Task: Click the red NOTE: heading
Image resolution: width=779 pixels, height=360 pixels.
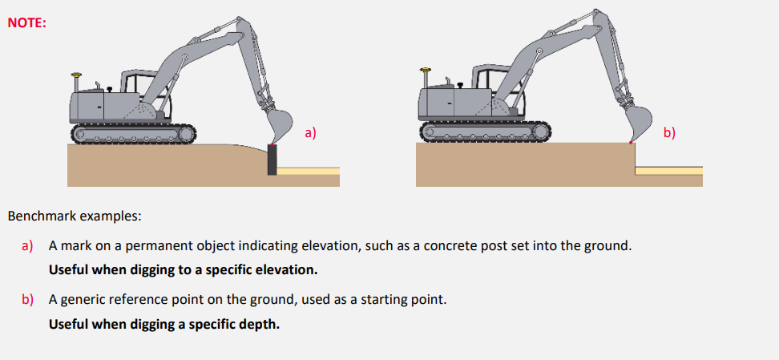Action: click(x=26, y=23)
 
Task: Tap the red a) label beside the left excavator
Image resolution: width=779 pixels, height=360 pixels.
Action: click(x=310, y=133)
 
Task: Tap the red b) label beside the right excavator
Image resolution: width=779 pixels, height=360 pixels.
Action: click(x=670, y=133)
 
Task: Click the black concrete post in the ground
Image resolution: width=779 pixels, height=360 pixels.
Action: click(x=272, y=159)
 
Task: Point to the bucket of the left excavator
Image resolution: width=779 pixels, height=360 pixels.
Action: click(x=279, y=123)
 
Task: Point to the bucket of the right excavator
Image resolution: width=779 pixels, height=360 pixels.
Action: click(x=639, y=123)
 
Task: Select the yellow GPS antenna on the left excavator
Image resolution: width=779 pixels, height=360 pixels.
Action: click(x=76, y=76)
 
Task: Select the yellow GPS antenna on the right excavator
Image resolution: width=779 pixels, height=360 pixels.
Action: click(x=426, y=71)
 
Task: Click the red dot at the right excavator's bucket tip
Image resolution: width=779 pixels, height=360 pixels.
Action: click(x=631, y=143)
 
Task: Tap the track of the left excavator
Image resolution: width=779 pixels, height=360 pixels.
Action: click(x=134, y=134)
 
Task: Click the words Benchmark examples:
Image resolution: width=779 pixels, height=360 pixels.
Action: click(x=75, y=216)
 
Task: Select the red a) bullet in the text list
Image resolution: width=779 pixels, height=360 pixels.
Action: click(x=27, y=245)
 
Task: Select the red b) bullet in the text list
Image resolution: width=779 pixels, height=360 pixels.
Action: click(x=27, y=300)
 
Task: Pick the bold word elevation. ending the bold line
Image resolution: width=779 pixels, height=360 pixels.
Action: click(x=292, y=270)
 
